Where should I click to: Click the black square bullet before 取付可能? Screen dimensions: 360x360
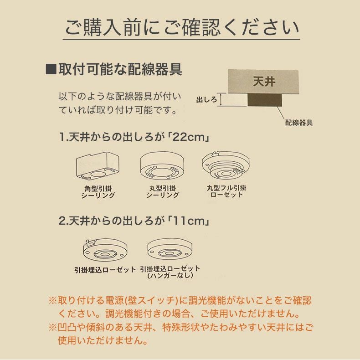[x=51, y=69]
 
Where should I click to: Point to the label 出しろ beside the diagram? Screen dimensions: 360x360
[x=206, y=99]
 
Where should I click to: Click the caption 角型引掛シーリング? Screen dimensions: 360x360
[x=98, y=191]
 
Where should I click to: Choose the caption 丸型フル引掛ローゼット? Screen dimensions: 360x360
[x=226, y=191]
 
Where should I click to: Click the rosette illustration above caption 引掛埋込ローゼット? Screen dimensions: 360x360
[x=105, y=250]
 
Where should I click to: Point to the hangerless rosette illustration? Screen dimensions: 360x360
[x=170, y=250]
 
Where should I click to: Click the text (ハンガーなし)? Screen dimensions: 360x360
[x=170, y=276]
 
